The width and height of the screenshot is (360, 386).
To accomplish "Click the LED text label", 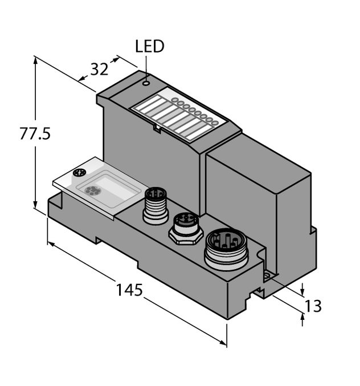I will tap(149, 47).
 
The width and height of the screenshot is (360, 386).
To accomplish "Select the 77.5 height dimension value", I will tap(35, 135).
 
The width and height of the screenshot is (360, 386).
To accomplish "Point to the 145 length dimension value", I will tap(129, 290).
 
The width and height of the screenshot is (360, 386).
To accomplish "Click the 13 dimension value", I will tap(313, 306).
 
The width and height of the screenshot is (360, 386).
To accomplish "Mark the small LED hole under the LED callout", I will tap(146, 83).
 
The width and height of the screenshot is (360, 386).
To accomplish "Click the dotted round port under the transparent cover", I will tap(90, 191).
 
